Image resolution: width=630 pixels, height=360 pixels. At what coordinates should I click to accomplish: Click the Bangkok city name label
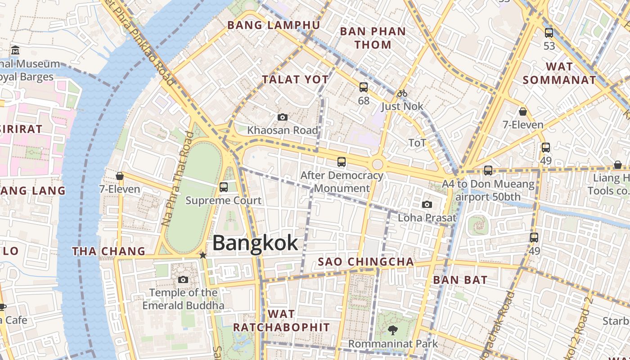(x=255, y=243)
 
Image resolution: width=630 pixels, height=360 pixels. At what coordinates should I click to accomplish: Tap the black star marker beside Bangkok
(x=203, y=255)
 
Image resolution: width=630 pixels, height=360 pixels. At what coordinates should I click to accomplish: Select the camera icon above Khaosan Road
(x=282, y=117)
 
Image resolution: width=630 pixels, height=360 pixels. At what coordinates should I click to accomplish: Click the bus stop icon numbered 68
(x=363, y=87)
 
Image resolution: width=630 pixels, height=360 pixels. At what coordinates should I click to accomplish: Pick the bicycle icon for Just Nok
(x=402, y=93)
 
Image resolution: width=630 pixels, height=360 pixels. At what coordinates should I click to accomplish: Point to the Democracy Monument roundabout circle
(x=377, y=164)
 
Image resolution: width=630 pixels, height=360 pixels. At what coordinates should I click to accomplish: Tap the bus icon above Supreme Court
(x=224, y=187)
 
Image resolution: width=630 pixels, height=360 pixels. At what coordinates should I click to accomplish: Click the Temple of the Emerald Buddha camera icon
(x=183, y=280)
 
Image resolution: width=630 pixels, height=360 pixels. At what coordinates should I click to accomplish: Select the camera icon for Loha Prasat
(x=427, y=205)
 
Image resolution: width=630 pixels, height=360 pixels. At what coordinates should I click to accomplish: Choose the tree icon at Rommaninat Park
(x=392, y=330)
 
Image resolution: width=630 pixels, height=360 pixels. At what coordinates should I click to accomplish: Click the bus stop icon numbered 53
(x=549, y=33)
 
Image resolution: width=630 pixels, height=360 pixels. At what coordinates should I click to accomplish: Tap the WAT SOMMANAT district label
(x=559, y=73)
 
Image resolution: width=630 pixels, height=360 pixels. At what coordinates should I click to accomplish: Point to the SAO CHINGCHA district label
(x=365, y=261)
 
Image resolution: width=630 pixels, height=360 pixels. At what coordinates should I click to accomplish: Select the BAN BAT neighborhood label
(x=459, y=280)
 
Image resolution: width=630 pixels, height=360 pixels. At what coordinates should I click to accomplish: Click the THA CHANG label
(x=109, y=251)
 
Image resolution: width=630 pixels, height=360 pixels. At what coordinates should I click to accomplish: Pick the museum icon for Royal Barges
(x=16, y=50)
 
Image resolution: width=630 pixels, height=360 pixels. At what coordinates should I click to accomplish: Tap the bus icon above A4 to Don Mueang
(x=488, y=171)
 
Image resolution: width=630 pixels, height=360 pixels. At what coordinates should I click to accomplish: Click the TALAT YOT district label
(x=295, y=80)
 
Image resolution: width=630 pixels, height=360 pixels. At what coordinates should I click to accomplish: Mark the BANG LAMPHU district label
(x=274, y=25)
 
